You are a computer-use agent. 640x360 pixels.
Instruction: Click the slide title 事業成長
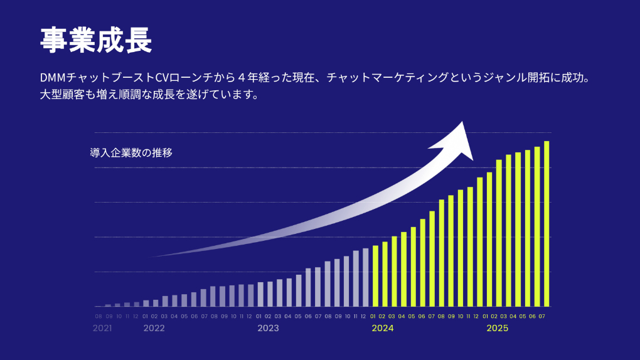pyautogui.click(x=96, y=41)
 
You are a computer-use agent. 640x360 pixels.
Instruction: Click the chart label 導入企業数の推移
pyautogui.click(x=131, y=152)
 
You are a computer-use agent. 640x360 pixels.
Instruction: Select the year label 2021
pyautogui.click(x=102, y=328)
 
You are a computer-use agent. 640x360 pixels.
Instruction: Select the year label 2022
pyautogui.click(x=154, y=328)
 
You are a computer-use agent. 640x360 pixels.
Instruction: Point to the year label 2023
pyautogui.click(x=268, y=328)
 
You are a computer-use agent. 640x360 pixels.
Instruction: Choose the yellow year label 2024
pyautogui.click(x=382, y=328)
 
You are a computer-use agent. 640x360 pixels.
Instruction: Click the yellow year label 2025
pyautogui.click(x=497, y=328)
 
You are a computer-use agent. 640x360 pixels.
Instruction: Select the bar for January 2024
pyautogui.click(x=375, y=275)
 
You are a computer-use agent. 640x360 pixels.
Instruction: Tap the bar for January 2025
pyautogui.click(x=489, y=239)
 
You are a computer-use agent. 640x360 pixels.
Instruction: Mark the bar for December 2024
pyautogui.click(x=480, y=241)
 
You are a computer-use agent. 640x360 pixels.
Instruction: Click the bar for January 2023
pyautogui.click(x=261, y=294)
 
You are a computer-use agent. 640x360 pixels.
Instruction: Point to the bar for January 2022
pyautogui.click(x=146, y=303)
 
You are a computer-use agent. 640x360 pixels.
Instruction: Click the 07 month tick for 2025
pyautogui.click(x=541, y=316)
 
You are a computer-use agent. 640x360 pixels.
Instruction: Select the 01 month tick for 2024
pyautogui.click(x=373, y=316)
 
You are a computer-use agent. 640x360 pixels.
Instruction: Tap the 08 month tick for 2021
pyautogui.click(x=99, y=316)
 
